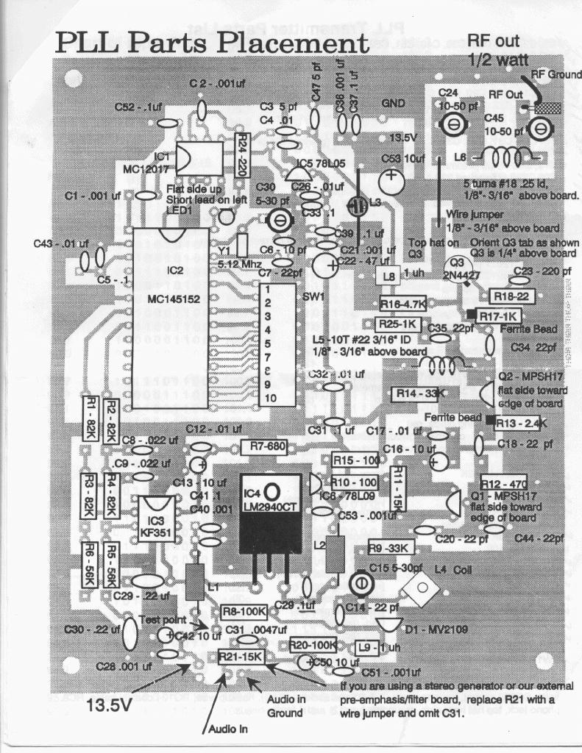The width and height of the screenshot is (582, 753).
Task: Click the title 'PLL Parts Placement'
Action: pyautogui.click(x=212, y=43)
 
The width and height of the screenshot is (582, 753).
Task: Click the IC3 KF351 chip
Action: pyautogui.click(x=157, y=519)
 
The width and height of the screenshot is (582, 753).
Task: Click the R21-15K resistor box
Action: pyautogui.click(x=241, y=657)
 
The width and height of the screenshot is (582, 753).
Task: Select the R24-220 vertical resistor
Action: pyautogui.click(x=241, y=155)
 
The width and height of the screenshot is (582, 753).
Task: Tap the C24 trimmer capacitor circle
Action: pyautogui.click(x=454, y=126)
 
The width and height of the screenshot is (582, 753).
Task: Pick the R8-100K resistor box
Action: pyautogui.click(x=243, y=611)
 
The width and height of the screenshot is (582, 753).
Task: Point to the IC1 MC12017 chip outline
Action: pyautogui.click(x=198, y=159)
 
